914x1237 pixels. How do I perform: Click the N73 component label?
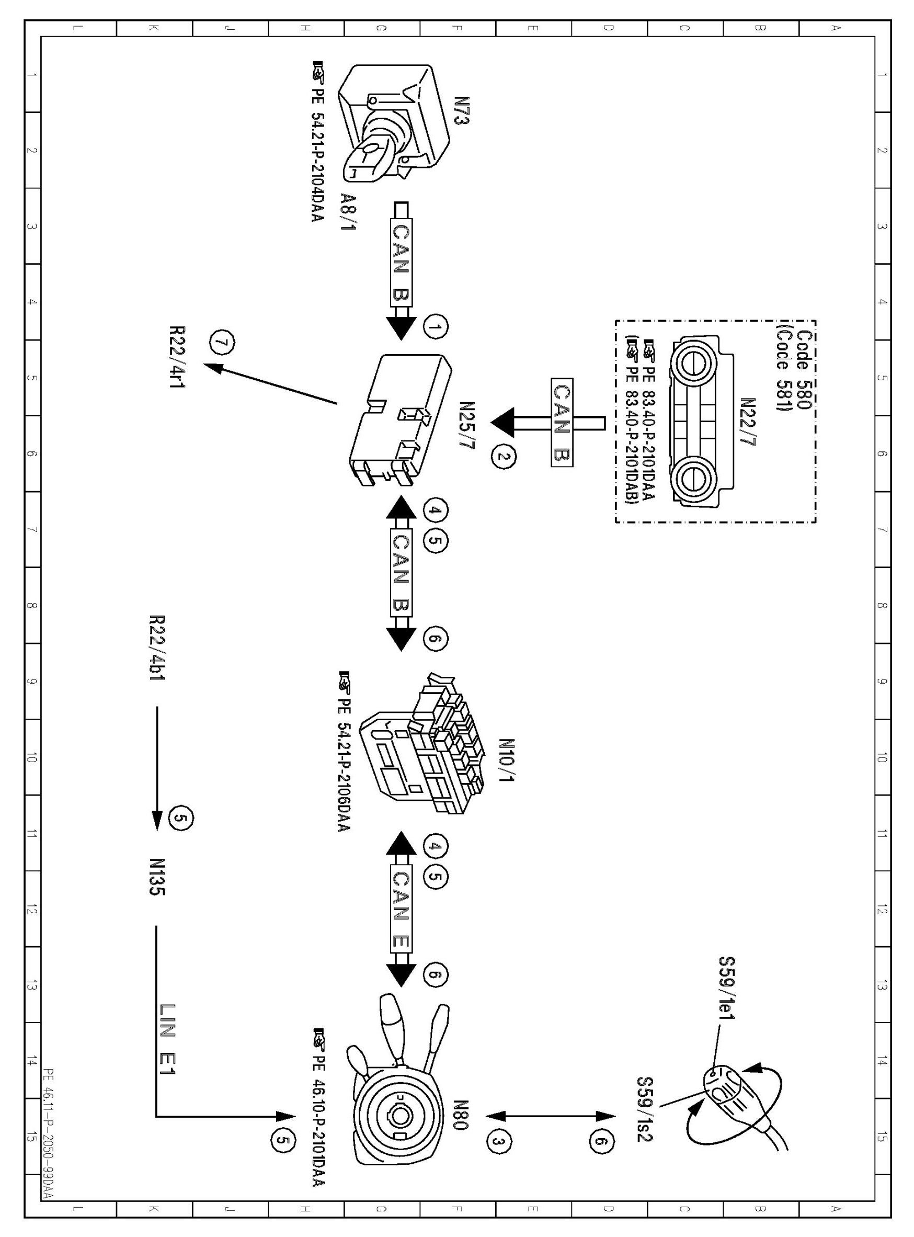click(461, 111)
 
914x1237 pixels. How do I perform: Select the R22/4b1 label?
click(157, 648)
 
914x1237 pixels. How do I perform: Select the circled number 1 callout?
click(436, 327)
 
